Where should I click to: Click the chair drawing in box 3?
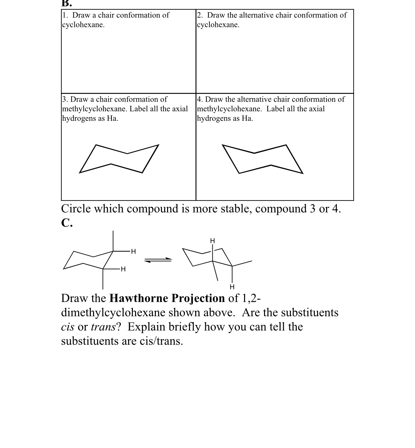[119, 159]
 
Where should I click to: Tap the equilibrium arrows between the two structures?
[158, 260]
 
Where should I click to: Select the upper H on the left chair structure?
[133, 251]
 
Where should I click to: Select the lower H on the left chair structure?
[123, 269]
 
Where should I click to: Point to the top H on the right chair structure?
[212, 241]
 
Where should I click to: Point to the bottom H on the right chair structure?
[232, 287]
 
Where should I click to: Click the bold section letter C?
[67, 223]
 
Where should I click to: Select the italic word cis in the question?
[68, 327]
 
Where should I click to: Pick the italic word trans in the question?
[103, 327]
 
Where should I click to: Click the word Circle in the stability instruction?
[76, 209]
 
